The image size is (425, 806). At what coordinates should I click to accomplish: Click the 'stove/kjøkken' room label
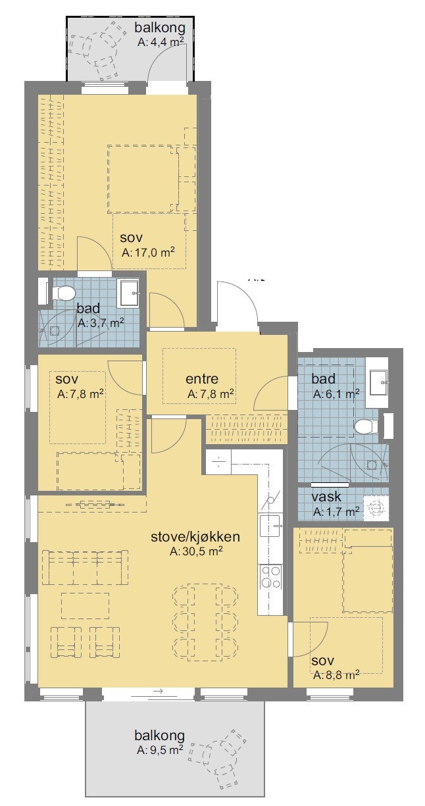tap(195, 537)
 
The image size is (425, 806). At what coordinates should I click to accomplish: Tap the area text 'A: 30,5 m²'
tap(195, 552)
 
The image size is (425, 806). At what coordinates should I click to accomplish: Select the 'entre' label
tap(201, 379)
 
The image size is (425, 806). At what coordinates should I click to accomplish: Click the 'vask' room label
tap(326, 497)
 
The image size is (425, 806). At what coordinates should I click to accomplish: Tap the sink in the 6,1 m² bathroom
tap(378, 380)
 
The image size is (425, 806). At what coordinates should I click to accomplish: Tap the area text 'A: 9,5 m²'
tap(159, 750)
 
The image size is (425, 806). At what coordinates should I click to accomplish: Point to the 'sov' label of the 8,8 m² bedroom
tap(323, 660)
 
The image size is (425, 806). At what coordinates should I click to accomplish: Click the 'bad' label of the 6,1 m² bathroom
tap(324, 379)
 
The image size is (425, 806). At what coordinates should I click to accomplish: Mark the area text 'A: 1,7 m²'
tap(336, 511)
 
